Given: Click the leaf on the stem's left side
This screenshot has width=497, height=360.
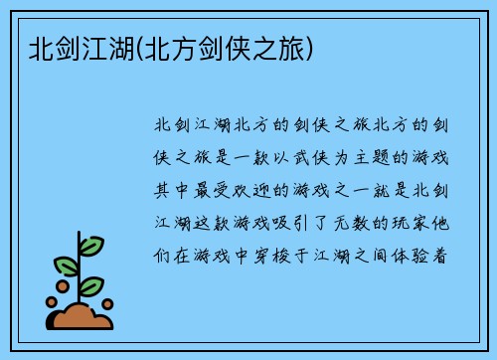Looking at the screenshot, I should click(x=66, y=266).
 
